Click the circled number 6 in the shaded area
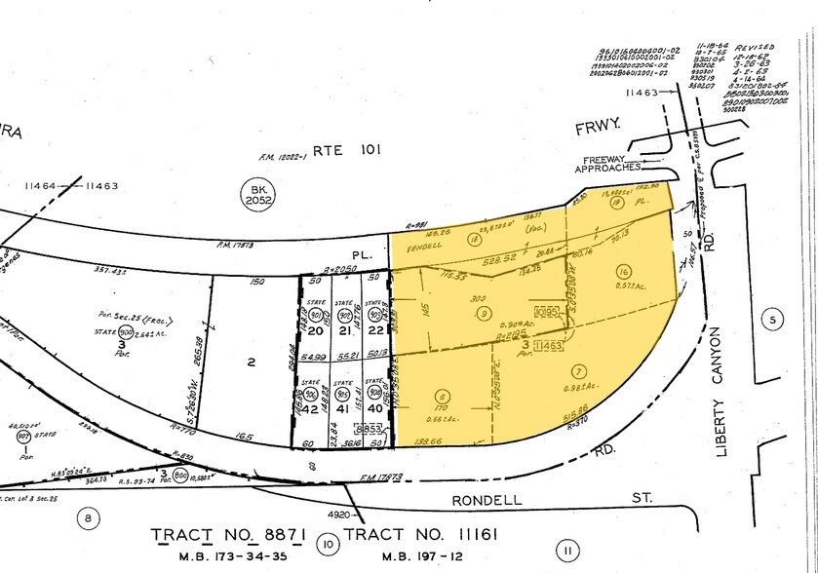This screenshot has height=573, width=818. point(444,397)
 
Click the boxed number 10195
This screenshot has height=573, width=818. point(550,314)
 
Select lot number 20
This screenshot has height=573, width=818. point(315,330)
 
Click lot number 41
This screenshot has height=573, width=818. point(341,410)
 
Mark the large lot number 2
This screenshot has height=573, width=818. point(251,363)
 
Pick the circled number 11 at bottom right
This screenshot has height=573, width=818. point(566,552)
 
